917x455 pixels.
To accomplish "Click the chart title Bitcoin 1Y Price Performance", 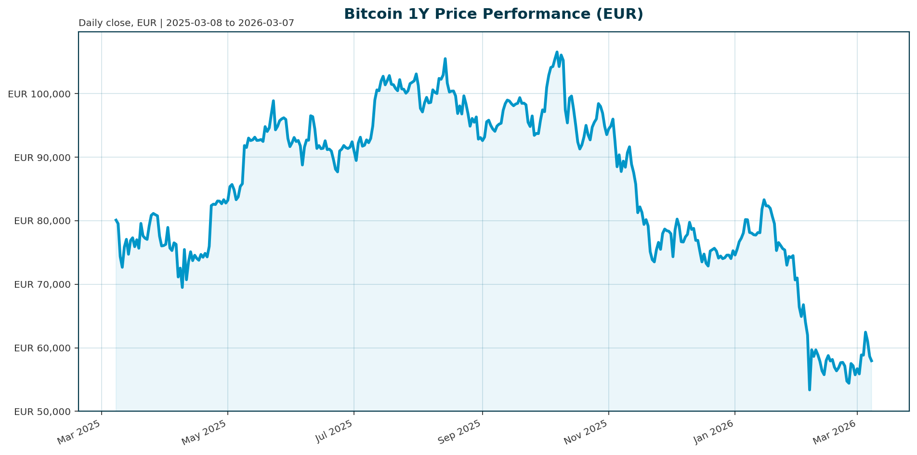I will [494, 14].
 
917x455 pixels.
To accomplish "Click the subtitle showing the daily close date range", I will [186, 23].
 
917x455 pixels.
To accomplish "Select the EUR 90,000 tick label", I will [42, 158].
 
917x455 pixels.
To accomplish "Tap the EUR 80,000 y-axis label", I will [42, 221].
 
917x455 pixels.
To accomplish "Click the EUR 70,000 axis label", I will [42, 285].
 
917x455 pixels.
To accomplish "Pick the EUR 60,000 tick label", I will [42, 348].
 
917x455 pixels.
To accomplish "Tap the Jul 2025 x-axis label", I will [333, 432].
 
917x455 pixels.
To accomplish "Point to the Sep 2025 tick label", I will [460, 432].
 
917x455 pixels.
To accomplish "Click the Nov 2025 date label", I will [586, 432].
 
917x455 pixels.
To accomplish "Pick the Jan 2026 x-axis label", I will [714, 432].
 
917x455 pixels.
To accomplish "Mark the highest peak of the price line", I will [557, 52].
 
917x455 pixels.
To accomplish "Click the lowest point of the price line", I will [810, 389].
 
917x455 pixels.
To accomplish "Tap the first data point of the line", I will [116, 220].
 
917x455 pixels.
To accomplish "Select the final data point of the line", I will [872, 361].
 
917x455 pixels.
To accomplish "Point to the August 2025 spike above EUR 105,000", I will [445, 59].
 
